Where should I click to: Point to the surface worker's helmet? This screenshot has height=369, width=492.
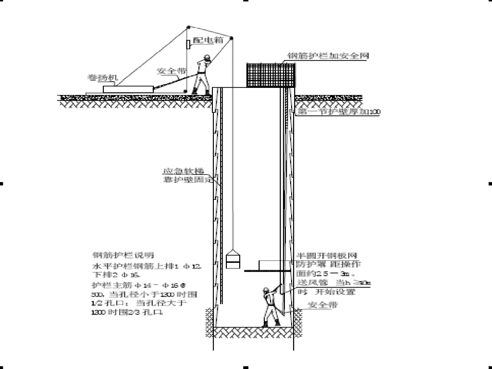(206, 57)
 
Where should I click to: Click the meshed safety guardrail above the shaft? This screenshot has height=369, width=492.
(271, 75)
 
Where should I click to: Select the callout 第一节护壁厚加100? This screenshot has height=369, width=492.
(339, 112)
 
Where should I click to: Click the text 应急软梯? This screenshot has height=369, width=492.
(176, 171)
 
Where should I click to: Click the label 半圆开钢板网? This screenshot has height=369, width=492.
(327, 255)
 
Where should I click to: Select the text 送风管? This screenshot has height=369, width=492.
(310, 282)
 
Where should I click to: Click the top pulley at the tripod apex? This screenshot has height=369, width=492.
(189, 26)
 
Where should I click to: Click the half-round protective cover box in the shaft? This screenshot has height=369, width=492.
(273, 265)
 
